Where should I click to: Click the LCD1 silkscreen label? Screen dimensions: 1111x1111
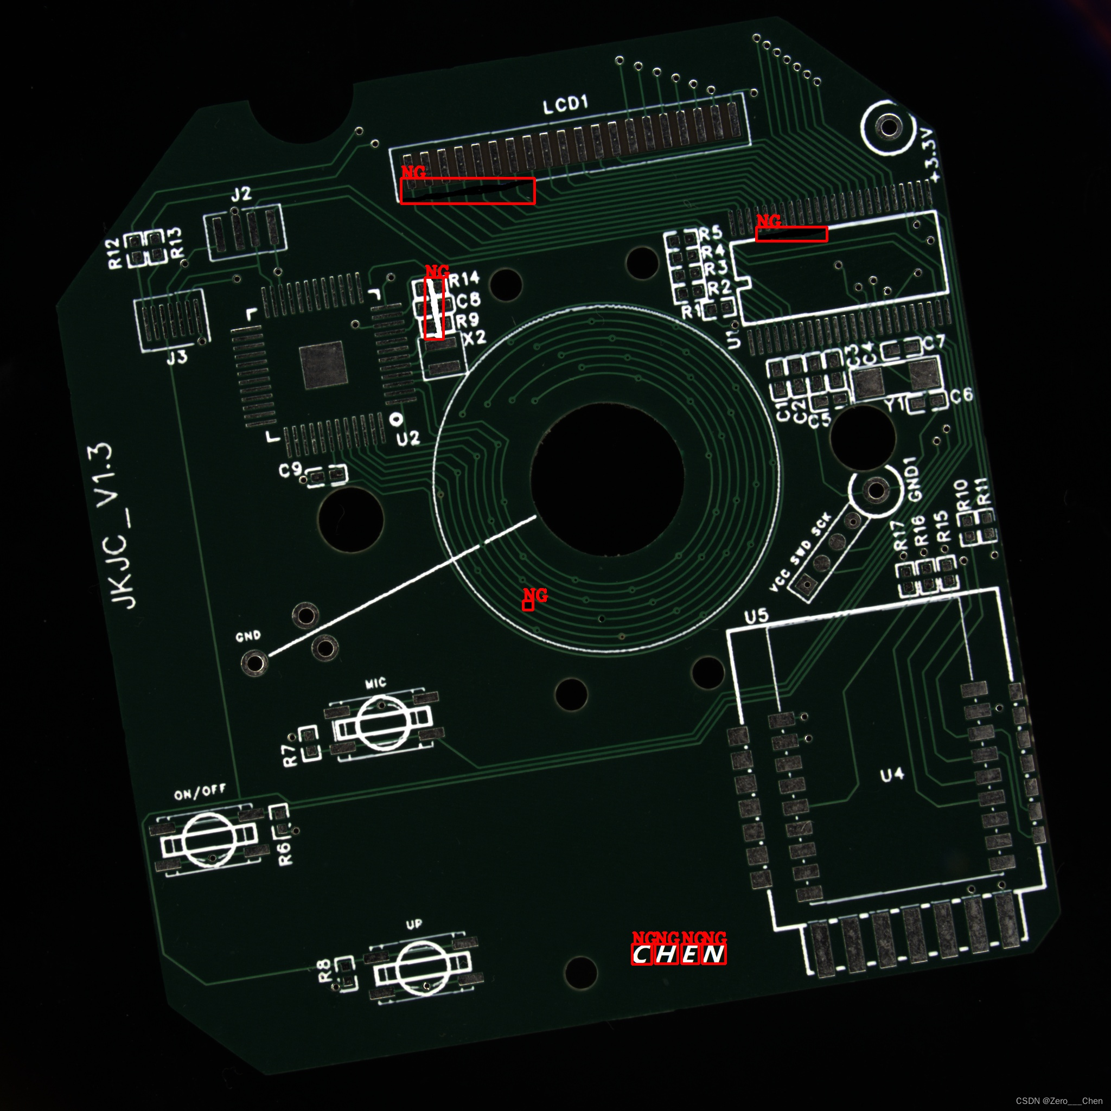click(x=566, y=105)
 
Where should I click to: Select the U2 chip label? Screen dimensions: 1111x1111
click(x=408, y=439)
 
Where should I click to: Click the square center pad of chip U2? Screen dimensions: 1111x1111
click(x=323, y=365)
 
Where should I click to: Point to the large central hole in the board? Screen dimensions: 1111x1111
click(x=607, y=480)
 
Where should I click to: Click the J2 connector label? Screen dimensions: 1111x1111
click(x=241, y=194)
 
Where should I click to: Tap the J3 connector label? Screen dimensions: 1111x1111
click(x=177, y=357)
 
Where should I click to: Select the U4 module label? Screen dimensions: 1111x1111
click(x=892, y=775)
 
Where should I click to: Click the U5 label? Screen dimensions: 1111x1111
click(x=756, y=616)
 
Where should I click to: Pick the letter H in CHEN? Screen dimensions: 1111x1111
click(x=667, y=955)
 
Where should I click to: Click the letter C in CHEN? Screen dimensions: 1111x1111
click(x=642, y=955)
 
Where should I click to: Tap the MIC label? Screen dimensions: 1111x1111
click(x=375, y=683)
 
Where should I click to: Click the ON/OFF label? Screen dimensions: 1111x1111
click(x=200, y=793)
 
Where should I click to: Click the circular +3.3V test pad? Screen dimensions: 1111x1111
click(x=889, y=127)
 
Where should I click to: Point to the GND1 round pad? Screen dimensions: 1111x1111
click(x=875, y=490)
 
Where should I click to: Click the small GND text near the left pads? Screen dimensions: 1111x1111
click(x=248, y=636)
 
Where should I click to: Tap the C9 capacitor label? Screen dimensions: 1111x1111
click(x=290, y=470)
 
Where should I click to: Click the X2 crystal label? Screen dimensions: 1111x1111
click(x=475, y=337)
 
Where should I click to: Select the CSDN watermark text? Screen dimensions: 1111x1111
click(x=1059, y=1101)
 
